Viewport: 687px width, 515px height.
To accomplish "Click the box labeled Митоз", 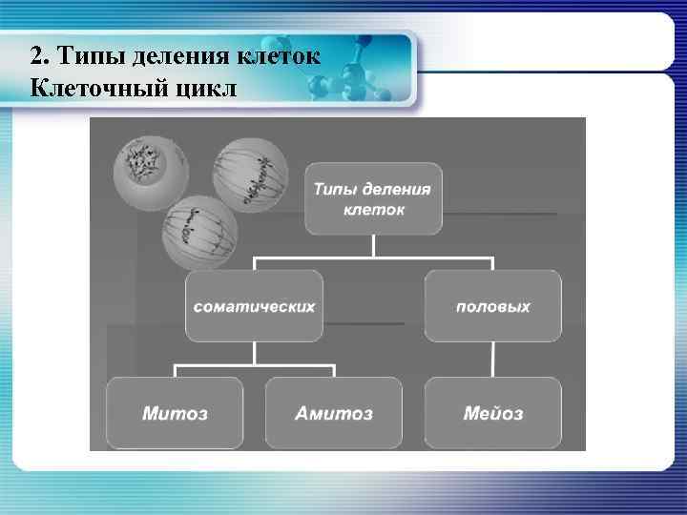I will pos(175,412).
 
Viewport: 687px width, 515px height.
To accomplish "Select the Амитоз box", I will pos(334,412).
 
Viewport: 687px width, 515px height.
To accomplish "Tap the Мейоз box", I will pos(492,412).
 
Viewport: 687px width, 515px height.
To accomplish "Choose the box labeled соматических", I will pos(254,305).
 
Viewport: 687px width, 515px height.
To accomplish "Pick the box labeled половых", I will pos(492,305).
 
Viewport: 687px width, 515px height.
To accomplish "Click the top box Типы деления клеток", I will pos(373,198).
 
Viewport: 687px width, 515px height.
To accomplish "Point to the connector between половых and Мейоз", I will pos(492,360).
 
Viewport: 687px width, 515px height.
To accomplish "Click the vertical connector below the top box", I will pos(373,245).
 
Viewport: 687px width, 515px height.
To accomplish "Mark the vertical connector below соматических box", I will pos(254,353).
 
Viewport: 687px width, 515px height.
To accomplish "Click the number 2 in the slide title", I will pos(35,55).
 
